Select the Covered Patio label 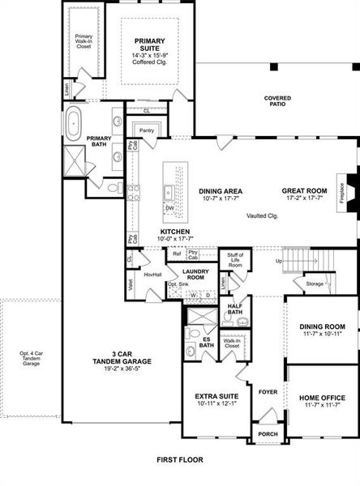(x=277, y=102)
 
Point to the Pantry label (x=147, y=130)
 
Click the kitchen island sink (x=168, y=193)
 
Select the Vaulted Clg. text (x=263, y=215)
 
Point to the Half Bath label (x=235, y=309)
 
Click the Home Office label (x=323, y=398)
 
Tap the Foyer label (x=268, y=391)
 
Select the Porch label (x=267, y=433)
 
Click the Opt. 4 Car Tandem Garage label (x=30, y=359)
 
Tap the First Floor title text (x=180, y=459)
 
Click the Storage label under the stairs (x=314, y=283)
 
